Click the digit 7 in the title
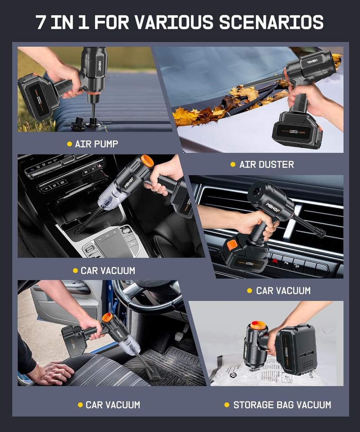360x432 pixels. click(x=42, y=22)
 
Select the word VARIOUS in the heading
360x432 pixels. click(x=173, y=22)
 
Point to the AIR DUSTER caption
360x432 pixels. click(x=267, y=164)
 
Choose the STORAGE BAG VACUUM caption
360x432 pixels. click(x=282, y=405)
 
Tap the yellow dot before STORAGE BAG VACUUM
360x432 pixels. click(x=227, y=405)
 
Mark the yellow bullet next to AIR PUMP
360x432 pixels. click(x=69, y=144)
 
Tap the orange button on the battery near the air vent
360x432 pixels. click(x=232, y=245)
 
